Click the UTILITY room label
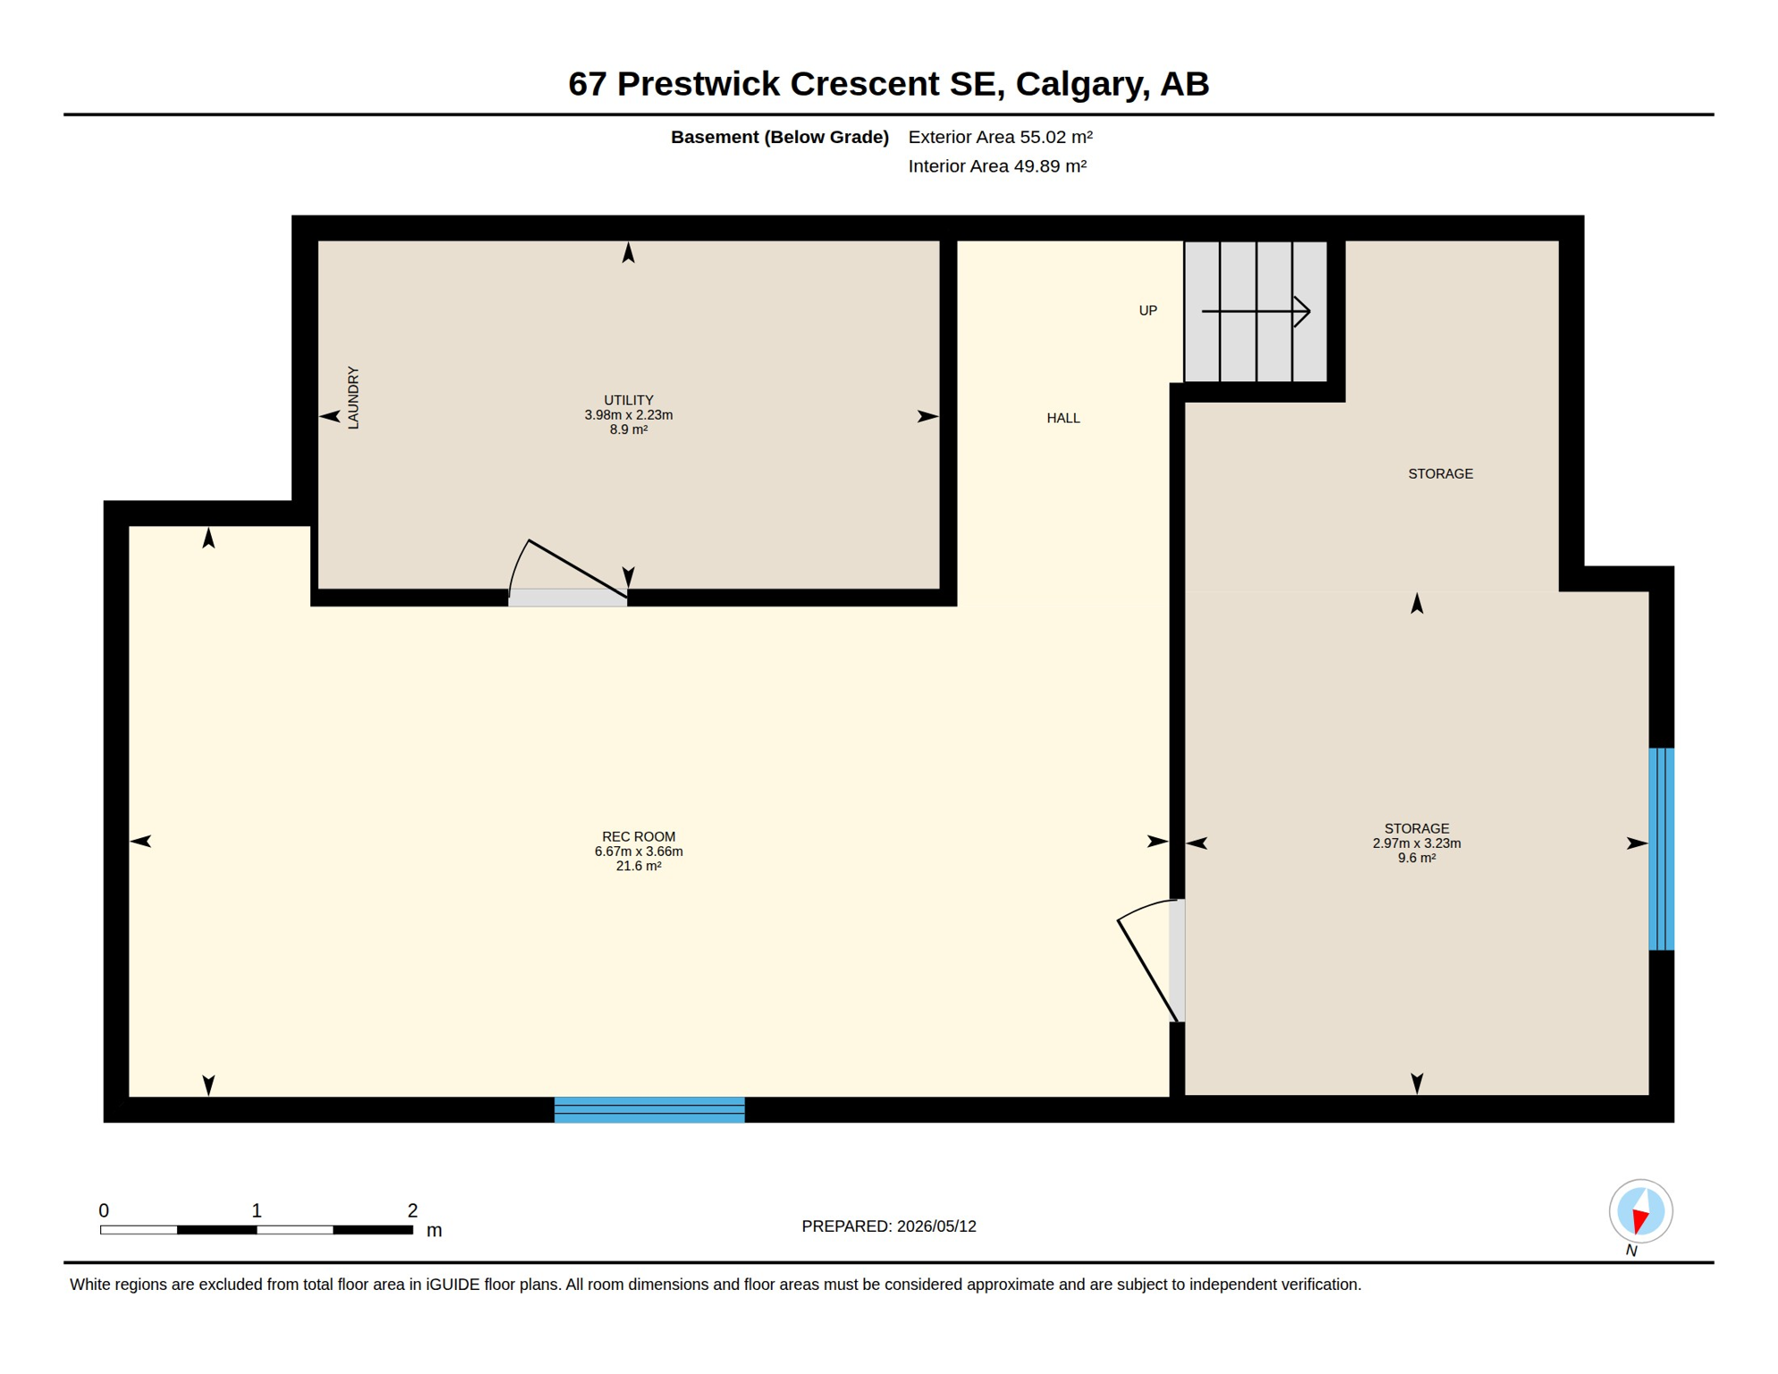(629, 401)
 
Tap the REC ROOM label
(639, 837)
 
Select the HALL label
(1063, 419)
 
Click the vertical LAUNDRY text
(353, 398)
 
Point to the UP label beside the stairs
(1147, 310)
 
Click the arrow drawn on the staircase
(1256, 311)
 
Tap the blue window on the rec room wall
(649, 1109)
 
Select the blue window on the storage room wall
(1662, 849)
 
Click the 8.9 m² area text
(629, 429)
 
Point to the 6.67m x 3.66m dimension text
(639, 852)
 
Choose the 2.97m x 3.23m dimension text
(1417, 844)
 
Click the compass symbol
(1641, 1211)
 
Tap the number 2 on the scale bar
(412, 1210)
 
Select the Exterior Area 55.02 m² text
(1001, 137)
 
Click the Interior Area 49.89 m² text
(997, 166)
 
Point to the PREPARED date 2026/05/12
(936, 1226)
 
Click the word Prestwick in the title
(698, 84)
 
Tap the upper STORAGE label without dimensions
(1440, 474)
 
